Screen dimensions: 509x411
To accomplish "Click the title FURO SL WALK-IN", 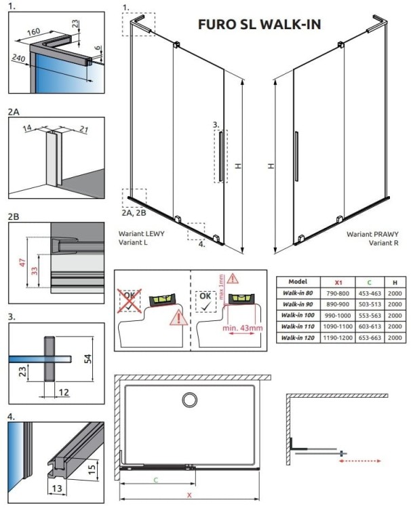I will tap(259, 24).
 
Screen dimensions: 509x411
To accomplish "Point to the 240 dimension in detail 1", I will tap(18, 59).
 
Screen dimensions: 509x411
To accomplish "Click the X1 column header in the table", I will tap(338, 281).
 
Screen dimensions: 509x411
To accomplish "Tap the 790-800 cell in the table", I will tap(338, 293).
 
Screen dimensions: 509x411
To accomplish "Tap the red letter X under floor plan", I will tap(189, 495).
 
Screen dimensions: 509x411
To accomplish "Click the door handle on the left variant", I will tap(219, 157).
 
